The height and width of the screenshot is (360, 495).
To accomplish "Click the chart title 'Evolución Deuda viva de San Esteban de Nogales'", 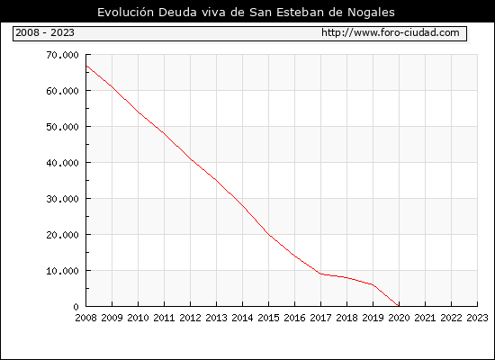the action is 246,12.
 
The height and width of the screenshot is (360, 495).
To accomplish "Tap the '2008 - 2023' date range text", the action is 45,32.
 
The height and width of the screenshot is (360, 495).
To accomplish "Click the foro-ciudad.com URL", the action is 391,32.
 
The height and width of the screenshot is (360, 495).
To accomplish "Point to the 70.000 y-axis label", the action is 62,55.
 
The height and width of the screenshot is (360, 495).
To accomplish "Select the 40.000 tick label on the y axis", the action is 62,163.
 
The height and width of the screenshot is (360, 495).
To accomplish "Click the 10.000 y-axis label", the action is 62,271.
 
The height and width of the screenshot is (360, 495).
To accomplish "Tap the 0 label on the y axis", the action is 76,307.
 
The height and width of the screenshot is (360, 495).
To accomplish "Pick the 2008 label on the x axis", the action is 85,318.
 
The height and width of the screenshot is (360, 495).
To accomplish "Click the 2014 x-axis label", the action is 242,318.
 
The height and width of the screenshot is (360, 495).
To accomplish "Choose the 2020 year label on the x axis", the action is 399,318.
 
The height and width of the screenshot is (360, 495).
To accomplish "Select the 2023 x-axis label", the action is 477,318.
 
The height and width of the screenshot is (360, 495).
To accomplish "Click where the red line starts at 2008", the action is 86,66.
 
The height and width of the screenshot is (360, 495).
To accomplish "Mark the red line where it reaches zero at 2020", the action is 399,306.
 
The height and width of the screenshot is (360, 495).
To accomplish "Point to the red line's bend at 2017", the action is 320,274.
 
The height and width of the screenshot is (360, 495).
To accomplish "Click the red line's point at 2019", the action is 373,284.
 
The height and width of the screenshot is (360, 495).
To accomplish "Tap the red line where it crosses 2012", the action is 191,159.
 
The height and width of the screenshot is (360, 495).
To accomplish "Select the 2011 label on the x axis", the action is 164,318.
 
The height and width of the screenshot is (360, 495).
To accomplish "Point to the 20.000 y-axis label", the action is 62,235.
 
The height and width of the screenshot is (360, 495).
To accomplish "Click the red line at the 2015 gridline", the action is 269,234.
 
